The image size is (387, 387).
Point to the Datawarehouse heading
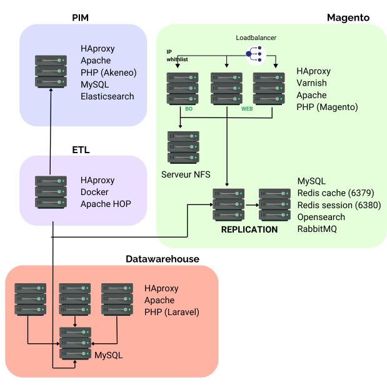163,259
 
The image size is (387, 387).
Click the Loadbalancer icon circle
256,55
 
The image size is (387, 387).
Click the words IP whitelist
177,55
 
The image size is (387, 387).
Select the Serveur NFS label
186,174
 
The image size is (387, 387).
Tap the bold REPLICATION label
249,229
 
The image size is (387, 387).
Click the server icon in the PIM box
50,71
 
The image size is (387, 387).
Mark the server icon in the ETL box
50,191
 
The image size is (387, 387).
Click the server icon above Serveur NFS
183,147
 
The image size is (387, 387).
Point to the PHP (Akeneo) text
108,72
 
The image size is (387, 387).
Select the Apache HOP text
106,204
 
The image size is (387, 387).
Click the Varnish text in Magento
311,83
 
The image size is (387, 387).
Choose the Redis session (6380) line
339,205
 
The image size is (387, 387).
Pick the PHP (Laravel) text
171,312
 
